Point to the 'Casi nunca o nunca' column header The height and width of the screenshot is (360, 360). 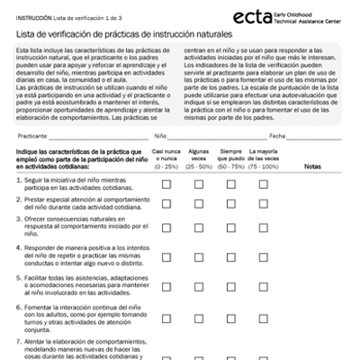coord(166,159)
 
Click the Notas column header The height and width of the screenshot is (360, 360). coord(312,166)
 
